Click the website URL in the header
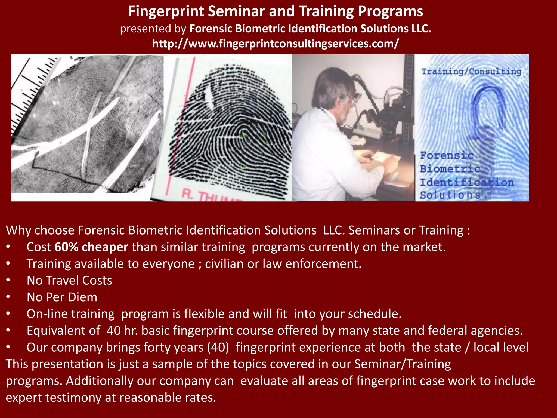(275, 44)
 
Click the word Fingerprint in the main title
(166, 11)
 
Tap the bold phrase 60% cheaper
(91, 247)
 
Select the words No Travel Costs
(69, 281)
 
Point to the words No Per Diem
(62, 297)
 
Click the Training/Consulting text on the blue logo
(471, 72)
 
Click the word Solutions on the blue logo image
(450, 195)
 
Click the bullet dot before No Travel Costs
(8, 281)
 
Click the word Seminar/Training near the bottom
(403, 364)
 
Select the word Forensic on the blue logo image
(447, 155)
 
